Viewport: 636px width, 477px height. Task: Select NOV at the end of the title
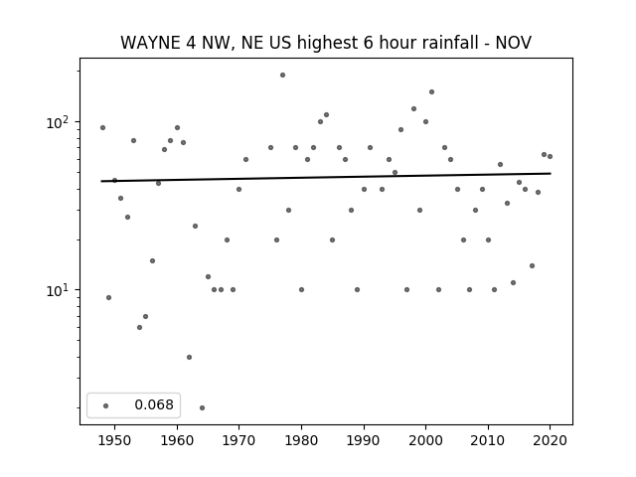514,43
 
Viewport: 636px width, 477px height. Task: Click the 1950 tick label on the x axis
115,440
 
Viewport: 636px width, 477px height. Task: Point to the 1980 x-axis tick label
301,440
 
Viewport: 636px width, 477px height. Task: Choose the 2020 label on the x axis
550,440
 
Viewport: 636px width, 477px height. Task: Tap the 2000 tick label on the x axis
425,440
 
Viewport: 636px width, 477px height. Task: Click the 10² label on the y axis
60,122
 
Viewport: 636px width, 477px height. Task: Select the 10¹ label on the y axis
60,290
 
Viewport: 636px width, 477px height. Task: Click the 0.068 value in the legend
154,404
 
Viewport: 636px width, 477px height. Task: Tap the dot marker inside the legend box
106,405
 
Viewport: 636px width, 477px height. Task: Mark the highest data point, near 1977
282,76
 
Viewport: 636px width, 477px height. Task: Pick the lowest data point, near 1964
202,407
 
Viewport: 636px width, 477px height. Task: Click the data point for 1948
102,128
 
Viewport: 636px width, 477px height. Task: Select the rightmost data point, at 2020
550,157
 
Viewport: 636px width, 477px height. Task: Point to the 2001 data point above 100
431,92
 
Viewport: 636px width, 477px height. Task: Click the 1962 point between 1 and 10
189,358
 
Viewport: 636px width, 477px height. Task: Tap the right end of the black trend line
551,174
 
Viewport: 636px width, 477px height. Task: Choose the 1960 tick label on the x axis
177,440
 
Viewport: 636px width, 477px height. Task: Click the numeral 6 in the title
368,43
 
